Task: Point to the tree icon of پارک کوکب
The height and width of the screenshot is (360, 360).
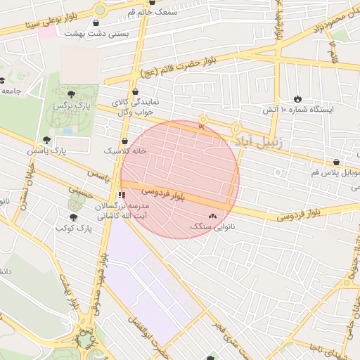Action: pyautogui.click(x=73, y=217)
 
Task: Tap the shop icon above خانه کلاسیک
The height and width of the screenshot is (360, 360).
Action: pyautogui.click(x=124, y=140)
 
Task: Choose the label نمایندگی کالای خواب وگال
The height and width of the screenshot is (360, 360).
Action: pyautogui.click(x=136, y=107)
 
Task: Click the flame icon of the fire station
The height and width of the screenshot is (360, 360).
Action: pyautogui.click(x=298, y=99)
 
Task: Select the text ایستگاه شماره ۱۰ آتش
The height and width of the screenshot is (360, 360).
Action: pyautogui.click(x=290, y=110)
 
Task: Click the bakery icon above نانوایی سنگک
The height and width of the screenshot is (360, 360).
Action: pyautogui.click(x=213, y=217)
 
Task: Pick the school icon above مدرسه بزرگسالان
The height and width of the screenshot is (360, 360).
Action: pyautogui.click(x=122, y=195)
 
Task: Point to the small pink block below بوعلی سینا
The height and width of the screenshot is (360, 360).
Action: pyautogui.click(x=46, y=32)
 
